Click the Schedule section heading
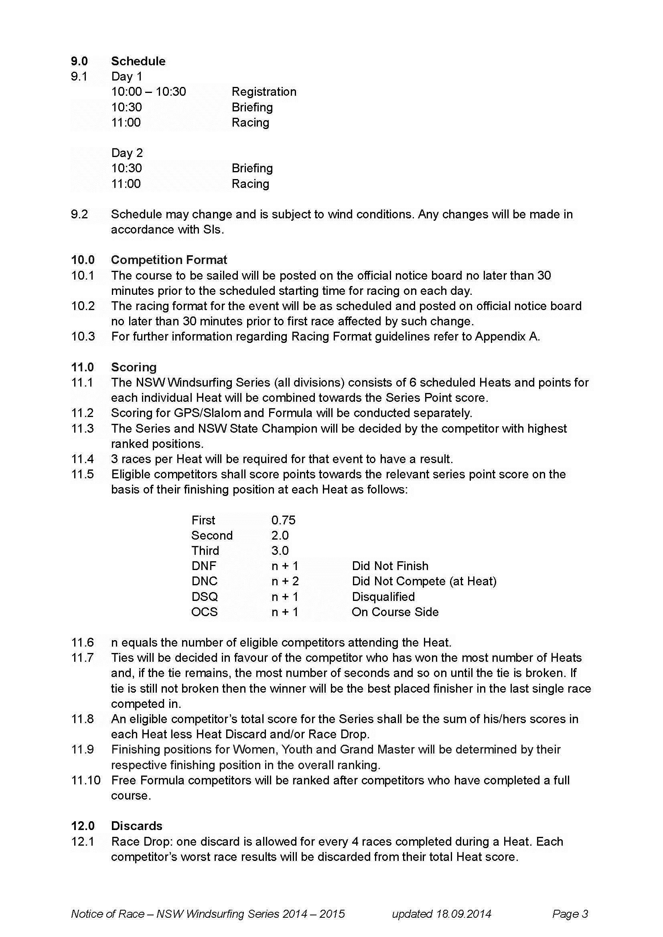tap(138, 61)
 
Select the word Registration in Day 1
tap(264, 92)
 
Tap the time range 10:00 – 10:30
tap(149, 92)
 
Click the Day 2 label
tap(127, 153)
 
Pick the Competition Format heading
tap(169, 260)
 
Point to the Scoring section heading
tap(134, 367)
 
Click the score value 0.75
tap(283, 520)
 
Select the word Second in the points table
tap(212, 536)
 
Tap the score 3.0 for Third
tap(280, 551)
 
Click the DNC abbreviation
tap(204, 581)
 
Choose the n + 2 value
tap(285, 581)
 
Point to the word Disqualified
tap(383, 596)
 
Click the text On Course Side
tap(395, 612)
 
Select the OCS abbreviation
tap(204, 612)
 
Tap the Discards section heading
tap(136, 826)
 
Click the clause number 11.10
tap(86, 780)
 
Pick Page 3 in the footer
tap(570, 914)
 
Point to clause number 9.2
tap(79, 214)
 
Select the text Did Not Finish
tap(390, 566)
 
